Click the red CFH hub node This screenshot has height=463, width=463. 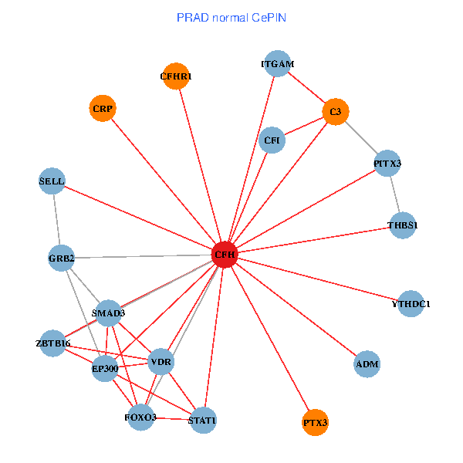tap(225, 254)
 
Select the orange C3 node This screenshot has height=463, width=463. tap(335, 112)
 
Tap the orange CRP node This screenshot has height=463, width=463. tap(103, 109)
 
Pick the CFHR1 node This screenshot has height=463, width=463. tap(176, 76)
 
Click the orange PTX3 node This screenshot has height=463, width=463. tap(315, 422)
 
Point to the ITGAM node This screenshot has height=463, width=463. tap(278, 64)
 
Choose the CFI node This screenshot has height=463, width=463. tap(272, 140)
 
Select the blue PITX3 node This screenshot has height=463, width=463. tap(387, 164)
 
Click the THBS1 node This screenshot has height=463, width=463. tap(402, 225)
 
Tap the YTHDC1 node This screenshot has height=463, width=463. tap(411, 304)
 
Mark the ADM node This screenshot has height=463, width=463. tap(367, 363)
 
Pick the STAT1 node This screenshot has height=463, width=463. tap(202, 420)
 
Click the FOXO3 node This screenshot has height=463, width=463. tap(140, 417)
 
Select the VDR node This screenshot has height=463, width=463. tap(161, 362)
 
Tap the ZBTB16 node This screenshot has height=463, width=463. tap(53, 343)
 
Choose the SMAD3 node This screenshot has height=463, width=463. tap(108, 313)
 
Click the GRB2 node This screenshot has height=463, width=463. tap(61, 258)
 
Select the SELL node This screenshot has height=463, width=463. tap(52, 181)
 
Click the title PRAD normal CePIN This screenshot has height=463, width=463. tap(231, 16)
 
